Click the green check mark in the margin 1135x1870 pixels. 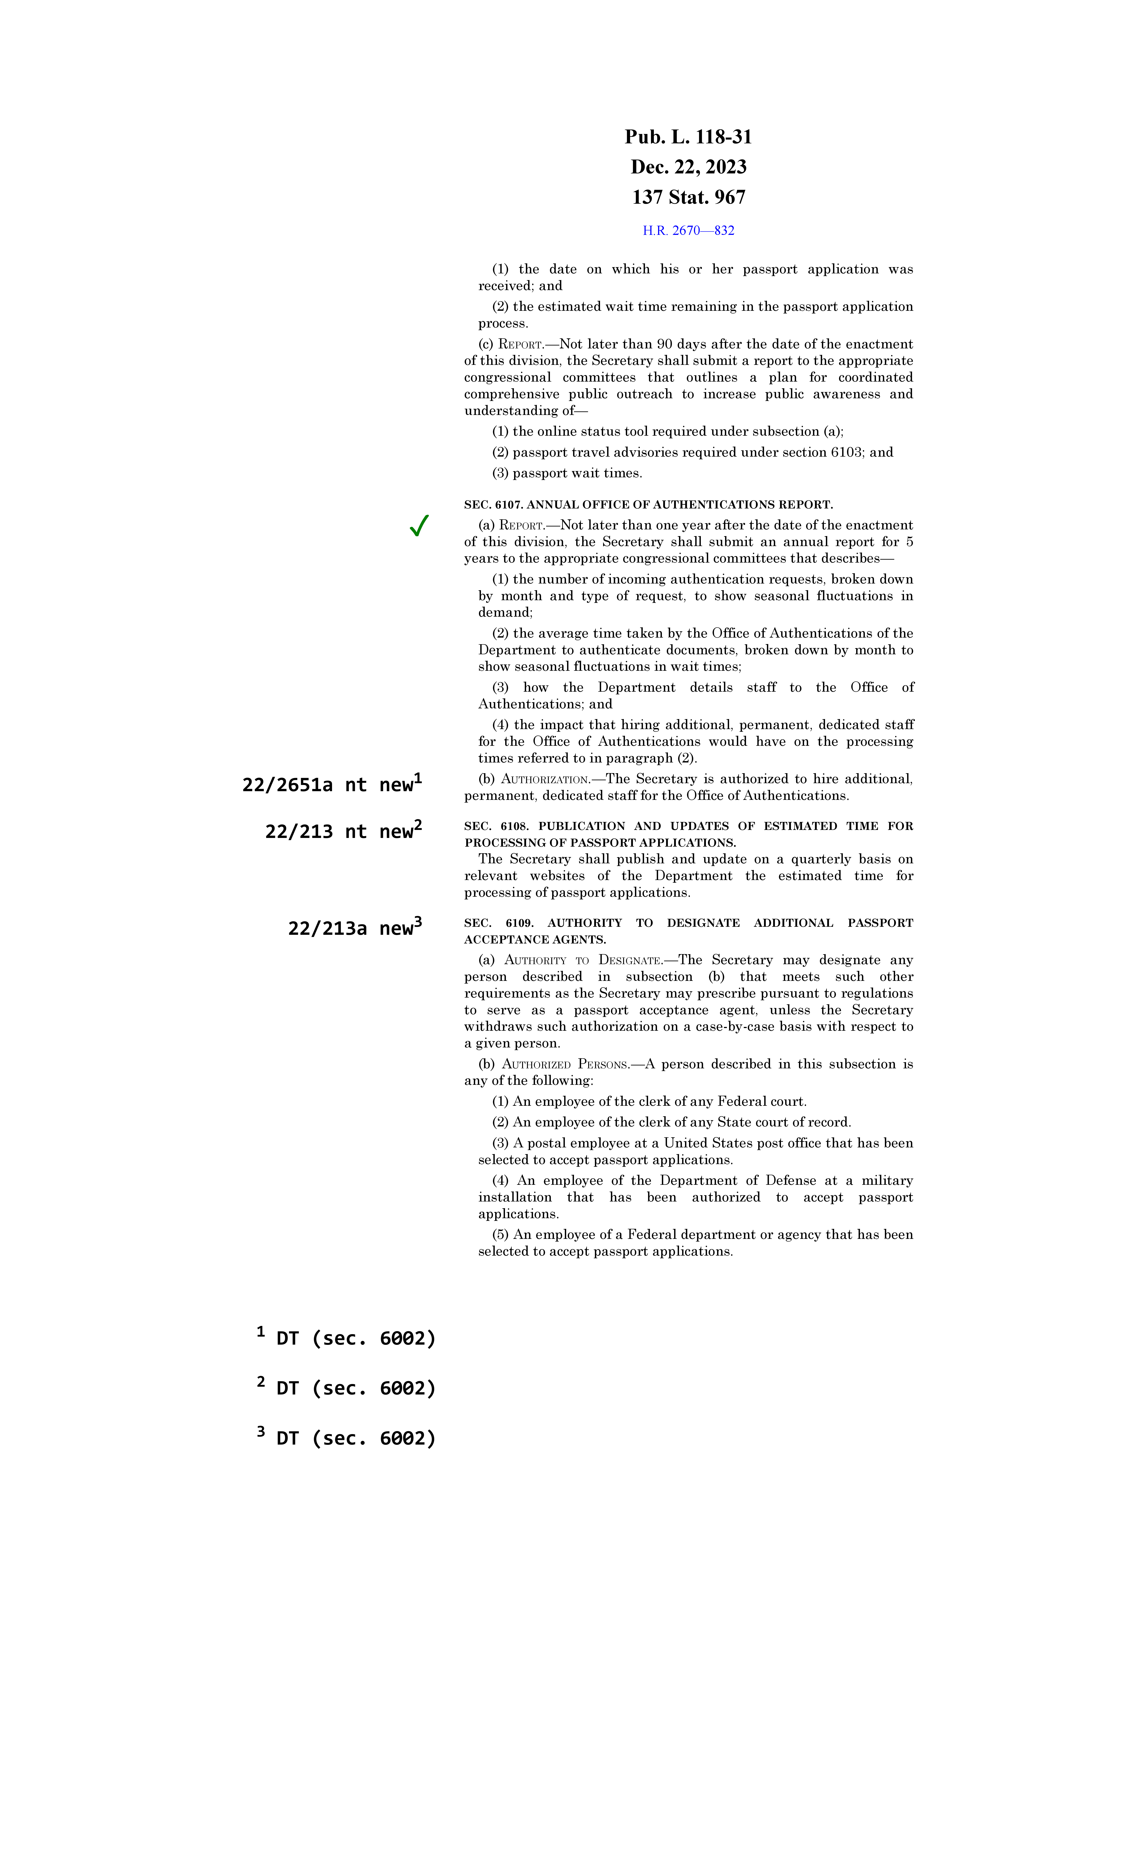(x=419, y=525)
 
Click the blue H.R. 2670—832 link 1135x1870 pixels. (x=688, y=231)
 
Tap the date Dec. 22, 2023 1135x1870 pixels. (x=688, y=167)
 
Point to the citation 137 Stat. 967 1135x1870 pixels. (x=688, y=197)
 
